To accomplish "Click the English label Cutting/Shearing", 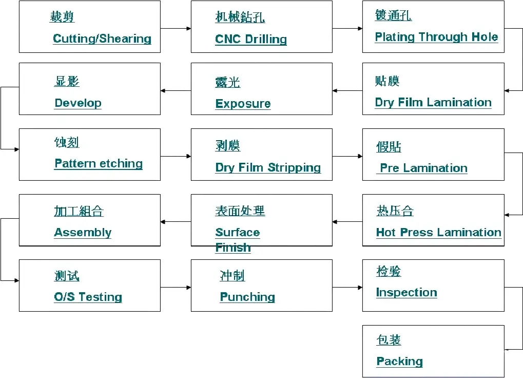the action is [102, 39].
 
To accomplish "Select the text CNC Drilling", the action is [251, 39].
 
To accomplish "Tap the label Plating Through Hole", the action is [436, 36].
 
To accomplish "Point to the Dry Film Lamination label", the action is [433, 102].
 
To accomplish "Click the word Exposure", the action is [243, 103].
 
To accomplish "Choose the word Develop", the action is [78, 103].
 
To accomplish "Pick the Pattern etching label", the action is [99, 163].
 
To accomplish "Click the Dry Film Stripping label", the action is [268, 167].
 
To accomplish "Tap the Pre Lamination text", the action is [423, 168].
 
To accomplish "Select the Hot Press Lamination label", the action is [439, 232].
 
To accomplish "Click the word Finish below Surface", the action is [233, 248].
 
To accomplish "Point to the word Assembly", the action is [83, 232].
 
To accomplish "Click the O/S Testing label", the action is [88, 296].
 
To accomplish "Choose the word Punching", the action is [247, 296].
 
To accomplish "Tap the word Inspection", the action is [406, 292].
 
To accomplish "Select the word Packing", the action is [399, 362].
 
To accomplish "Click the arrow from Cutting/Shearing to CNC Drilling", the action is [176, 29].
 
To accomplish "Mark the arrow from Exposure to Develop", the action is [176, 91].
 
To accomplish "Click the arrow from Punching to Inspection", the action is [347, 287].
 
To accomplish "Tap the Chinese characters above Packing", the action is [389, 340].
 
